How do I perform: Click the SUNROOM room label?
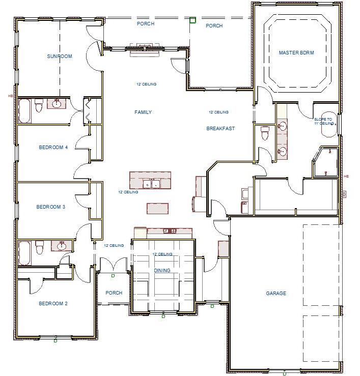click(60, 56)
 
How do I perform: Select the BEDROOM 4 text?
click(53, 148)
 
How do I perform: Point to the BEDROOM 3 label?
click(50, 207)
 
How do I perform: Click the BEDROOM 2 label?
click(53, 304)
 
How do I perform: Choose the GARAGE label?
click(276, 294)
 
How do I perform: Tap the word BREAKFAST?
click(220, 129)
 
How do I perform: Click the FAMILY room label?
click(143, 112)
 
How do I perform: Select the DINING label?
click(162, 271)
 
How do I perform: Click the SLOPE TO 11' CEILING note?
click(323, 121)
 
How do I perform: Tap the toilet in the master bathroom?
click(264, 133)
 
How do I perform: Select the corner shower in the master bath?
click(326, 162)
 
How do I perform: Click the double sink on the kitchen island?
click(151, 184)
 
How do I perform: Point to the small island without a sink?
click(158, 208)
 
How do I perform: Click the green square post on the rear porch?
click(192, 20)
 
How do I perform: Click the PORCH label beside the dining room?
click(114, 293)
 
